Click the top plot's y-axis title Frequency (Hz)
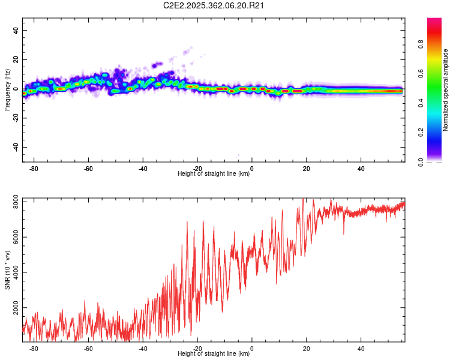(7, 89)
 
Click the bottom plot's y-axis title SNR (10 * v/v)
(7, 269)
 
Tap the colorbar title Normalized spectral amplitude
(445, 90)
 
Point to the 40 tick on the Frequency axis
(16, 31)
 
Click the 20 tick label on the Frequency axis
(16, 60)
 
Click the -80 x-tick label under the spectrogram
(34, 169)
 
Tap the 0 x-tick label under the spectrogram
(252, 169)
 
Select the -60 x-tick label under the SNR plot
(88, 349)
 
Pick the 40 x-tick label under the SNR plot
(361, 349)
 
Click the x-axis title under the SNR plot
(214, 354)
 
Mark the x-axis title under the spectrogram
(214, 174)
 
